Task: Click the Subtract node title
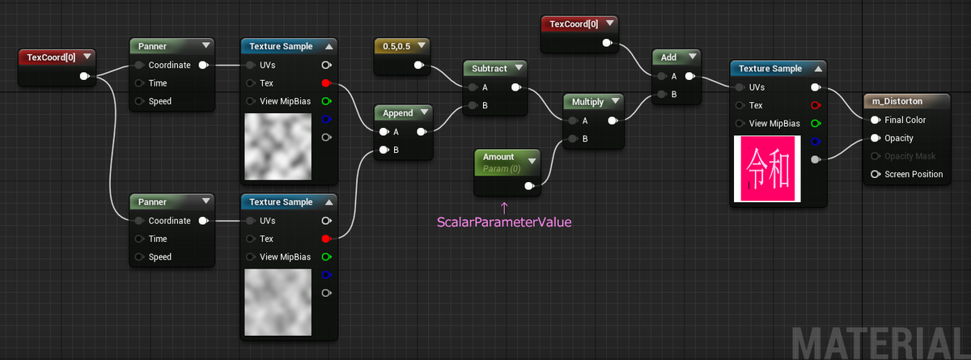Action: pos(489,69)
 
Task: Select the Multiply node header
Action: pos(587,102)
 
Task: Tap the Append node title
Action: pos(397,113)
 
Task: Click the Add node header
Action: pos(668,57)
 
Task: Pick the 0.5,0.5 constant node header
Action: pos(396,46)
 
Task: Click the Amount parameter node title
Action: pos(498,157)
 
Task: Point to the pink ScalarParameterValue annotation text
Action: pos(504,222)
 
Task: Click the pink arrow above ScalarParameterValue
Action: pos(504,208)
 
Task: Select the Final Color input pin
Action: pos(876,120)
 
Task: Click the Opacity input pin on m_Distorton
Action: pos(876,138)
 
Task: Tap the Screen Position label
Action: pos(914,174)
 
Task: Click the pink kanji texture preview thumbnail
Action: pos(767,168)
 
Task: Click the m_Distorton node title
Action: pos(897,101)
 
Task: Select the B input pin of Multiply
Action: pos(573,138)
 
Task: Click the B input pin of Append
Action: pos(384,150)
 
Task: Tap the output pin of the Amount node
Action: pos(529,186)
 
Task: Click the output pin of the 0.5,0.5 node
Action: pos(419,65)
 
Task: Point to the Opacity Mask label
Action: pos(910,156)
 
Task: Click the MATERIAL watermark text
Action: pos(880,343)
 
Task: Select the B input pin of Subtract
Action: pos(473,105)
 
